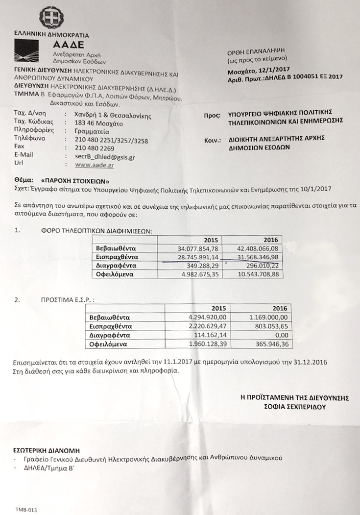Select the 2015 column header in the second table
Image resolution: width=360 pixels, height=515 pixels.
pyautogui.click(x=218, y=308)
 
